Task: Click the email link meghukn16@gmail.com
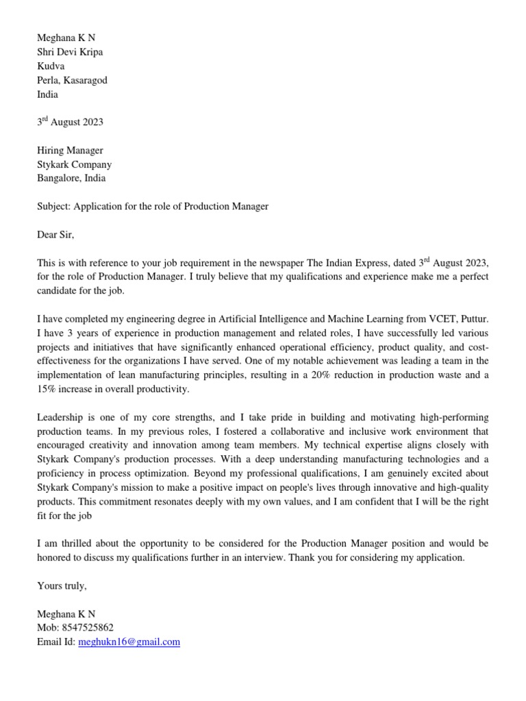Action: pyautogui.click(x=129, y=642)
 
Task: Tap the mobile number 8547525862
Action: pyautogui.click(x=86, y=627)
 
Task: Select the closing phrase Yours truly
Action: pyautogui.click(x=62, y=586)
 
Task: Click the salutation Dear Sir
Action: pyautogui.click(x=55, y=235)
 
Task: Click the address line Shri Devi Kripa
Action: pyautogui.click(x=70, y=51)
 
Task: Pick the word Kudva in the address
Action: pyautogui.click(x=51, y=66)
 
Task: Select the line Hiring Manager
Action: pyautogui.click(x=70, y=150)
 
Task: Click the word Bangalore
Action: pyautogui.click(x=58, y=178)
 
